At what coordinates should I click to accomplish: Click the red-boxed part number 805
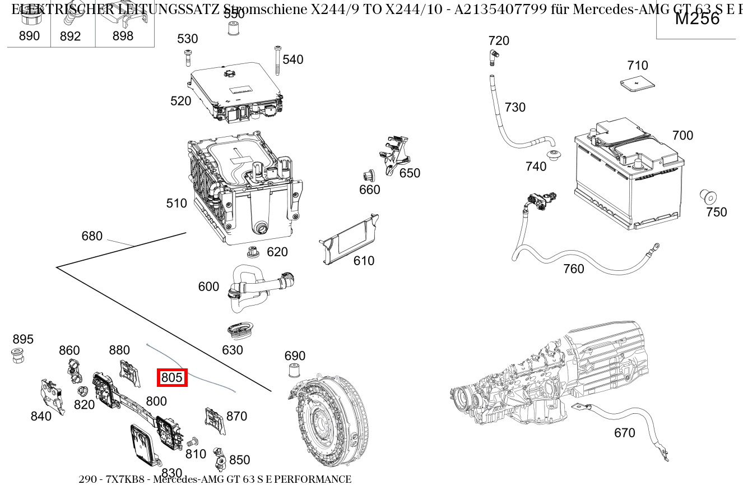[171, 378]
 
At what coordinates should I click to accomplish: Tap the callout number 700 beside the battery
[682, 135]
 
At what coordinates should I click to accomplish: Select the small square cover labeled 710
[638, 84]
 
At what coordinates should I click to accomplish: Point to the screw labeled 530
[188, 58]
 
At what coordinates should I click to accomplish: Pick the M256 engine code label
[696, 19]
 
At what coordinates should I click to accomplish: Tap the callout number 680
[92, 236]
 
